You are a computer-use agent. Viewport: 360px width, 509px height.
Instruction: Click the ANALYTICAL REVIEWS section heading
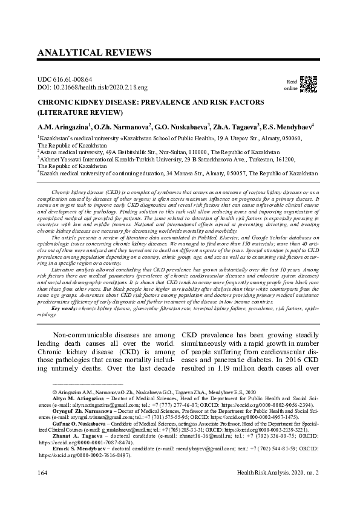[x=94, y=53]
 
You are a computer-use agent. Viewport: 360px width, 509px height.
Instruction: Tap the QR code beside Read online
[x=309, y=85]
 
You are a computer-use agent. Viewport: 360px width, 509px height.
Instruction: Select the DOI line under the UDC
[x=88, y=88]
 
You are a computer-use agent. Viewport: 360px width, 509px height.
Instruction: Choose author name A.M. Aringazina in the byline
[x=64, y=128]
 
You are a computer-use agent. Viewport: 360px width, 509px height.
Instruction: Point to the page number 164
[x=44, y=487]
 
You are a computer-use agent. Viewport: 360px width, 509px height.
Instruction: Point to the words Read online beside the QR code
[x=291, y=85]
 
